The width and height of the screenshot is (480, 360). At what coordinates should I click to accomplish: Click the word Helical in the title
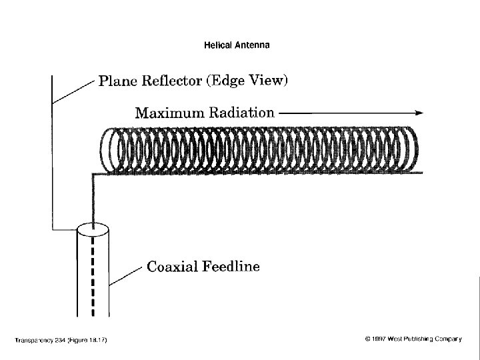[x=217, y=45]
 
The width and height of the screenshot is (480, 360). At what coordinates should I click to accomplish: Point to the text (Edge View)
[x=247, y=81]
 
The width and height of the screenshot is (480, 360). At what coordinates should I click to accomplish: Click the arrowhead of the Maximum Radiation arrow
[x=420, y=113]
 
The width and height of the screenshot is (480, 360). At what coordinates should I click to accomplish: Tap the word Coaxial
[x=170, y=267]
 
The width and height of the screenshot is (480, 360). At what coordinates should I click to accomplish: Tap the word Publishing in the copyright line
[x=421, y=339]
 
